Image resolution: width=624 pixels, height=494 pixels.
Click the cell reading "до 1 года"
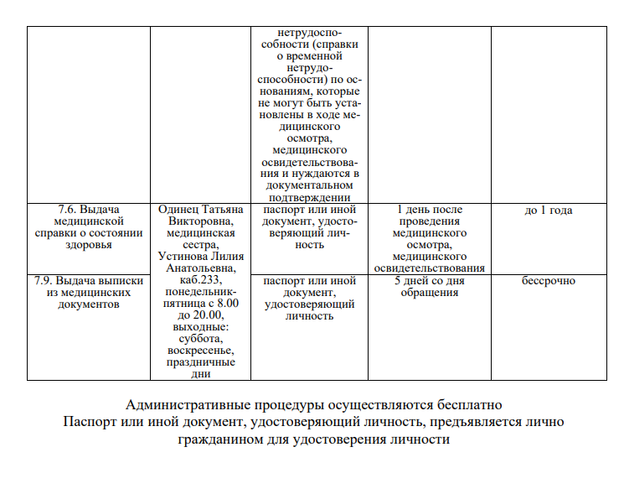[x=548, y=211]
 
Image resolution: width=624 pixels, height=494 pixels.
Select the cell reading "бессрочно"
[x=548, y=281]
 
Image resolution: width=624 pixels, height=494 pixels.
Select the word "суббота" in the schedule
[x=200, y=339]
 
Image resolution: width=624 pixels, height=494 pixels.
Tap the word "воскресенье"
[x=200, y=351]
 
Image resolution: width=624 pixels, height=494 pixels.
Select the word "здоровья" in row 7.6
[x=89, y=245]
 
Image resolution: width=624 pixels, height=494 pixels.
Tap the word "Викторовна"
[x=200, y=221]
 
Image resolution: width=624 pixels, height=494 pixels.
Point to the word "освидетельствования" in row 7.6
[x=429, y=268]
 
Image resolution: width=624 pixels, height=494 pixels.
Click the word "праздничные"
[x=200, y=362]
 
